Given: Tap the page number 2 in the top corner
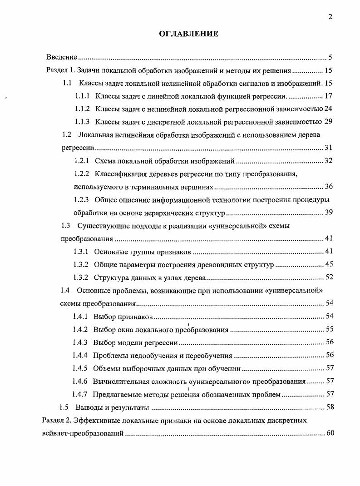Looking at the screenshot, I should click(x=330, y=17).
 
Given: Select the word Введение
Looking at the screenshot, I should click(x=61, y=58).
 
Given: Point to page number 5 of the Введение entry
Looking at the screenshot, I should click(x=331, y=58).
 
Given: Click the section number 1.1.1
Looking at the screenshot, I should click(x=82, y=96).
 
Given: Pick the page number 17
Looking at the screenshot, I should click(x=329, y=96).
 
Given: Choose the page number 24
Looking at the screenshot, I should click(x=329, y=109).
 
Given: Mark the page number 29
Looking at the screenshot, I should click(x=329, y=122).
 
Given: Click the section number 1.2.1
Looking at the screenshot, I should click(x=82, y=161).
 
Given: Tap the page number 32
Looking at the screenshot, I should click(x=329, y=161).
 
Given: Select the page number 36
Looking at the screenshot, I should click(x=329, y=187).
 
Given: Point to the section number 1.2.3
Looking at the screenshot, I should click(x=82, y=199).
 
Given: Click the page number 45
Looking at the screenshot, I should click(x=329, y=264).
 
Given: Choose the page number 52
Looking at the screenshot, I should click(x=329, y=278).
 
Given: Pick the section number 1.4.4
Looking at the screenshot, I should click(x=80, y=356).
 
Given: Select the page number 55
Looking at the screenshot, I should click(x=329, y=329).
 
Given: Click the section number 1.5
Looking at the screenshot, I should click(x=65, y=407).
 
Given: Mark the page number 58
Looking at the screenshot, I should click(x=329, y=407).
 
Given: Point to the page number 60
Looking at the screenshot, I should click(x=330, y=433).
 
